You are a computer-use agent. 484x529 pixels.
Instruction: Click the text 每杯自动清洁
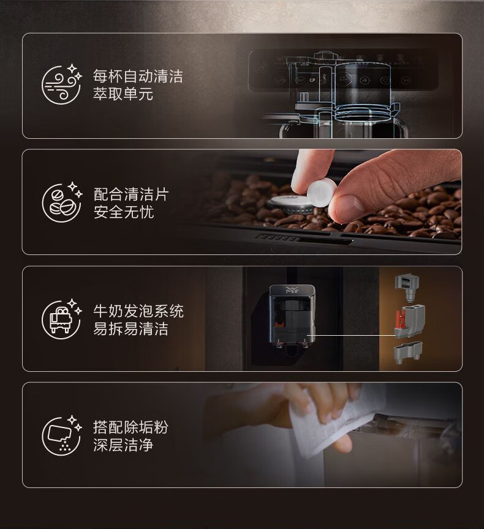click(x=138, y=76)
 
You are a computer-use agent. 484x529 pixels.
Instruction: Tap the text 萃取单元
click(x=123, y=94)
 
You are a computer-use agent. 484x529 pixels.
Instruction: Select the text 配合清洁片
click(x=130, y=194)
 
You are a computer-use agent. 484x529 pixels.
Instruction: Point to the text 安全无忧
click(x=123, y=212)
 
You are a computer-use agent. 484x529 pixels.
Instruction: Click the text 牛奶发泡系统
click(x=138, y=311)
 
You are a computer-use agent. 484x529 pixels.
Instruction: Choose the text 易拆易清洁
click(x=130, y=328)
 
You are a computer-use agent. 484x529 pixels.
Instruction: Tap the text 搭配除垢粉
click(x=130, y=427)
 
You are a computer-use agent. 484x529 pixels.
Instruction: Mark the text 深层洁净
click(x=123, y=445)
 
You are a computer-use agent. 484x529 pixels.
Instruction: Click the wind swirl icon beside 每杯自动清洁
click(x=62, y=84)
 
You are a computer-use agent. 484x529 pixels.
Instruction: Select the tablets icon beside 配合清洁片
click(x=62, y=202)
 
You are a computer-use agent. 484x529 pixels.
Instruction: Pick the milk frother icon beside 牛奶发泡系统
click(x=62, y=319)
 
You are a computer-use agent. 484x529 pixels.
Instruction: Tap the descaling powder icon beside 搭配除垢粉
click(x=62, y=435)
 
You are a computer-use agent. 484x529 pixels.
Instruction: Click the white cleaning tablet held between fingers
click(x=321, y=193)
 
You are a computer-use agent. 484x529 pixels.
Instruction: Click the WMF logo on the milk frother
click(x=290, y=290)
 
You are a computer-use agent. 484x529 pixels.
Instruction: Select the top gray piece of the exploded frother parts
click(x=407, y=287)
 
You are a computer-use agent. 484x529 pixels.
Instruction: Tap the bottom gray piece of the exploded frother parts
click(x=408, y=352)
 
